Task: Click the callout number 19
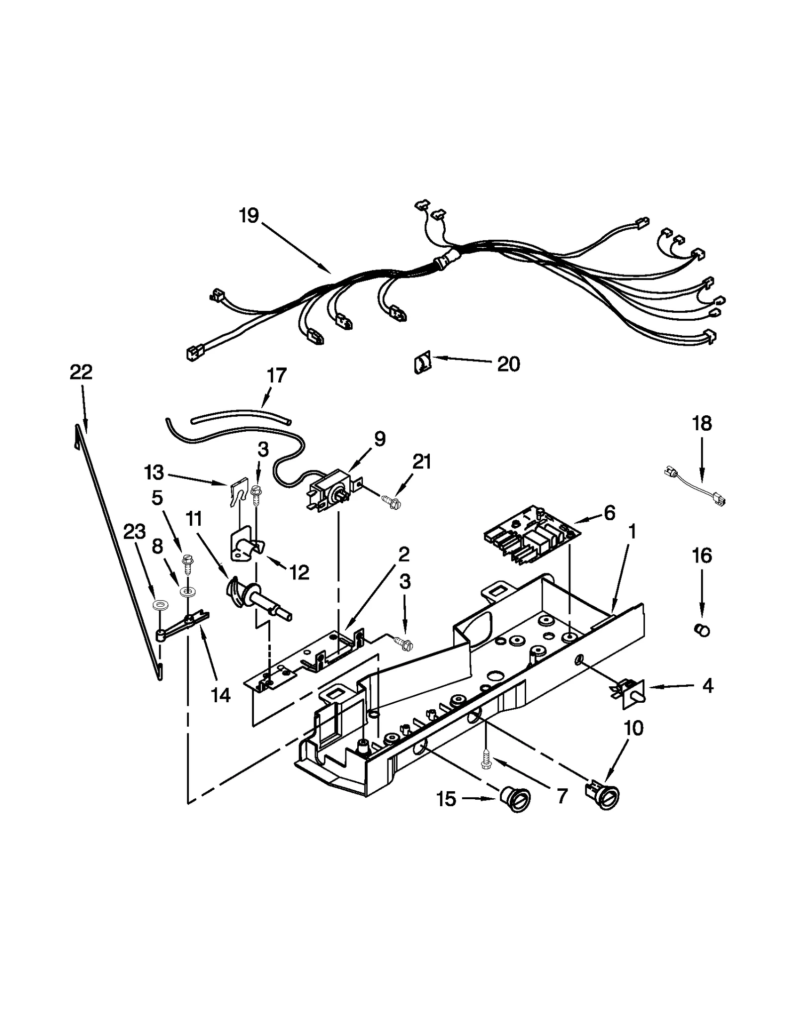(248, 216)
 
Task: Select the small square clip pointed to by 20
(422, 364)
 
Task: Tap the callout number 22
(81, 372)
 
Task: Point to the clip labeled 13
(240, 492)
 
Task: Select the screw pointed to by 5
(188, 562)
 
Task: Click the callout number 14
(220, 695)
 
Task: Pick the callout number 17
(277, 375)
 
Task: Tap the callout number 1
(632, 532)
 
